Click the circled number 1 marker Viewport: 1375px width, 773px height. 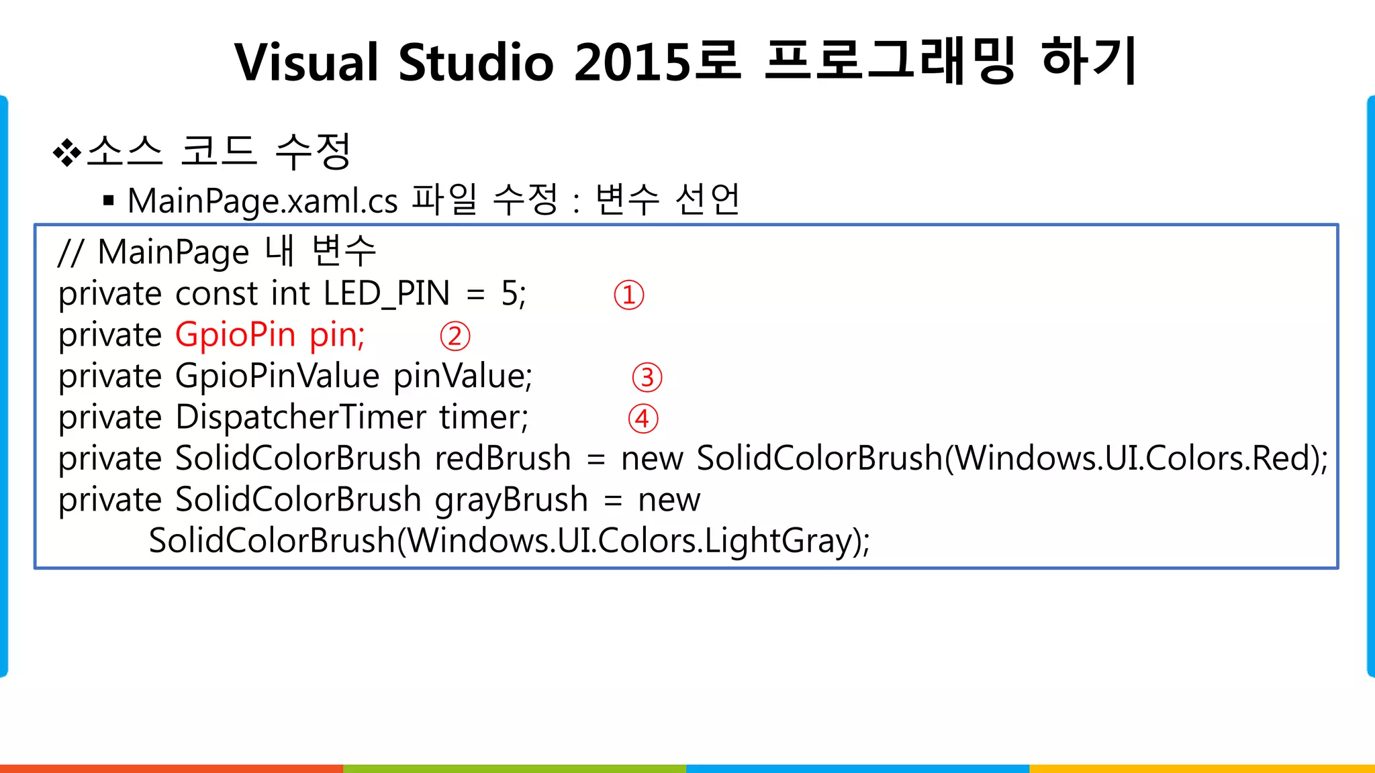[x=629, y=295]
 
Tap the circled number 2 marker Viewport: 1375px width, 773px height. [x=455, y=336]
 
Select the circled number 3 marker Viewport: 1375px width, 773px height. [x=647, y=378]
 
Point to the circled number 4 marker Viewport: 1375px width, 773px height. [x=643, y=419]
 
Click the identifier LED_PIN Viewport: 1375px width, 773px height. [x=386, y=294]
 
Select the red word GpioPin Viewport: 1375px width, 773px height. [x=235, y=335]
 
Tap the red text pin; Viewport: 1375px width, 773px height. [x=337, y=335]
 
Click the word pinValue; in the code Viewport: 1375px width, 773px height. [x=463, y=376]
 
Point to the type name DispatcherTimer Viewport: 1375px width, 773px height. [x=301, y=417]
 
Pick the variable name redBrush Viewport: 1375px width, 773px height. [x=503, y=459]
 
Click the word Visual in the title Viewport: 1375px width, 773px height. [x=307, y=62]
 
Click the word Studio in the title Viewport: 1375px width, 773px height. [x=476, y=62]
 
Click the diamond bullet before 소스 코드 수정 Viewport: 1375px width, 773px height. [x=66, y=152]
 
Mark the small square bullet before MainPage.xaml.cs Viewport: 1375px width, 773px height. [x=109, y=200]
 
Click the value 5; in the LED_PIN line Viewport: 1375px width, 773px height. [x=514, y=294]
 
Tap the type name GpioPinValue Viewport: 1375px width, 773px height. [x=277, y=376]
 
